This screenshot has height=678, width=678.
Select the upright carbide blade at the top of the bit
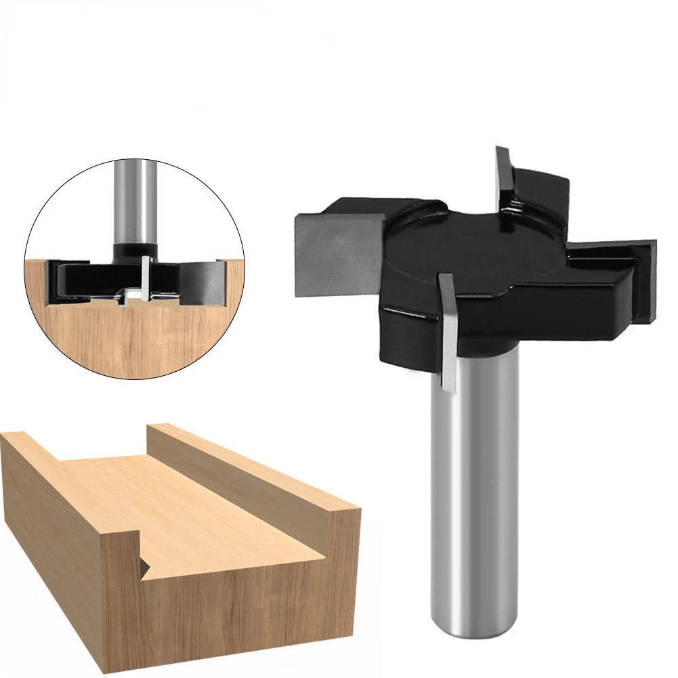tap(504, 176)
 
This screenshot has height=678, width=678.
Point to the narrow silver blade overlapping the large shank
tap(448, 332)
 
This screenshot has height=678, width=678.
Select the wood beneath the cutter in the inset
tap(135, 339)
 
